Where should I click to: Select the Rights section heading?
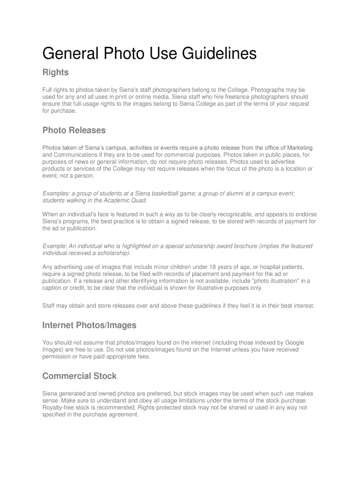pyautogui.click(x=56, y=73)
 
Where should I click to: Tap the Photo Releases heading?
pyautogui.click(x=74, y=130)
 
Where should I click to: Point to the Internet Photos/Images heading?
pyautogui.click(x=89, y=325)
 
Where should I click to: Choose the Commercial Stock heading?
pyautogui.click(x=79, y=376)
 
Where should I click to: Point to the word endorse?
pyautogui.click(x=304, y=214)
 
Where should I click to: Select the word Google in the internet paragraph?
pyautogui.click(x=294, y=342)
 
